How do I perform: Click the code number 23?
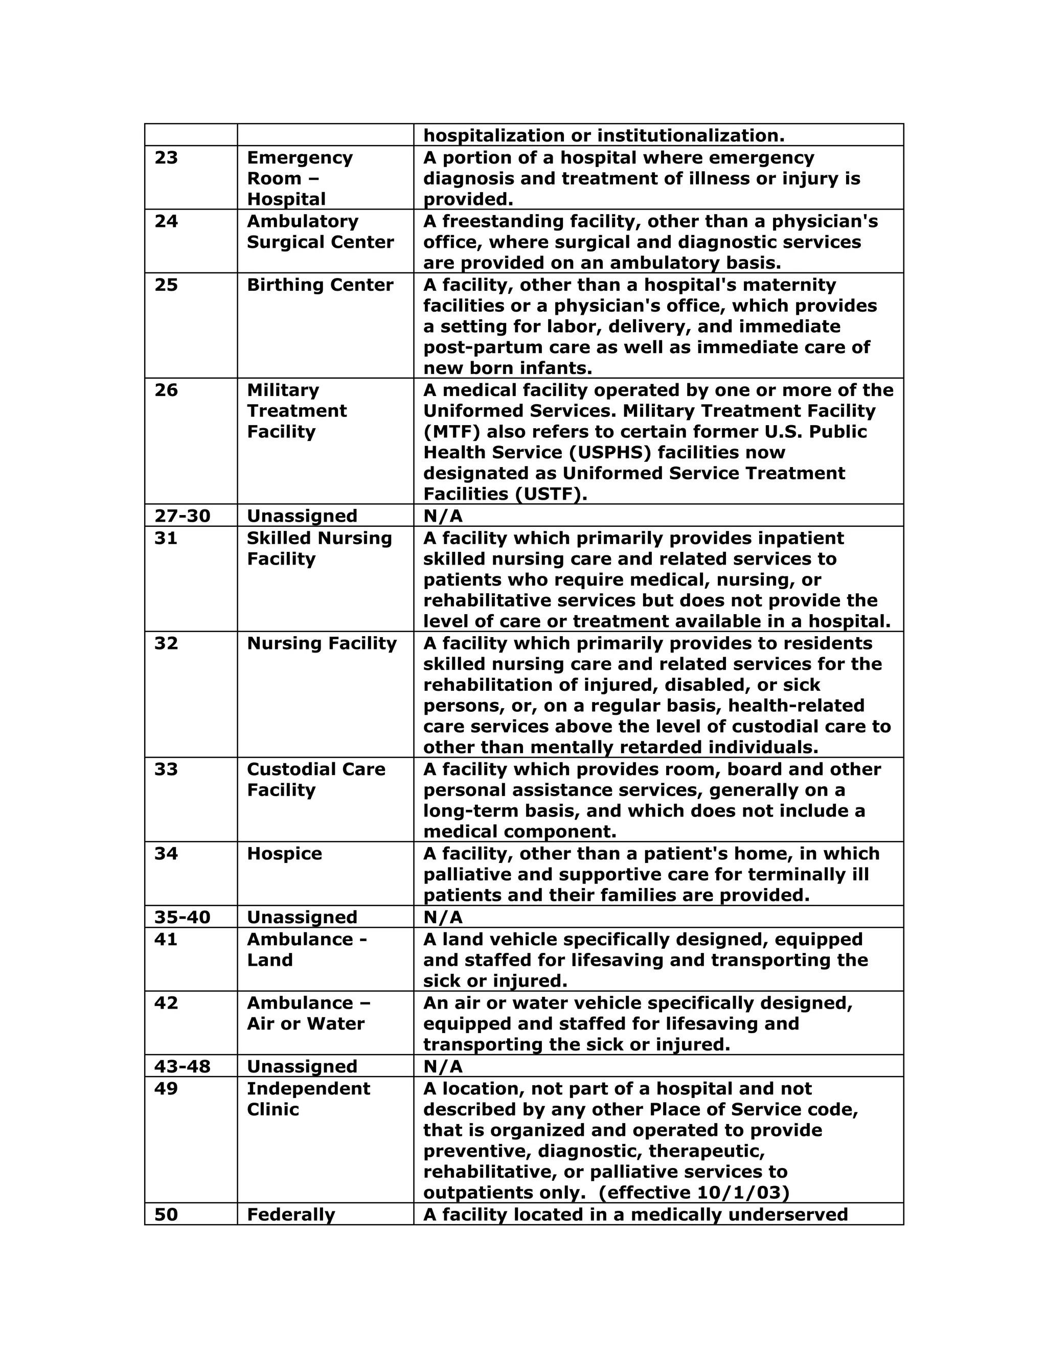click(166, 157)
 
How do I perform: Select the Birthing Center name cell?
click(320, 285)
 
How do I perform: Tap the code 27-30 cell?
click(183, 516)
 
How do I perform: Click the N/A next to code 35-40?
click(443, 917)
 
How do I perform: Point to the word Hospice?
click(284, 854)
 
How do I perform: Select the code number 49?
click(166, 1089)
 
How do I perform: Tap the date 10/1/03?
click(743, 1193)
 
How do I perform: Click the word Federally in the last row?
click(290, 1215)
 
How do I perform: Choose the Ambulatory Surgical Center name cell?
click(320, 232)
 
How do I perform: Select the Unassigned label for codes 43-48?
click(302, 1066)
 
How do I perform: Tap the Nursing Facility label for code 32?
click(321, 643)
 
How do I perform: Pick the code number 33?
click(166, 769)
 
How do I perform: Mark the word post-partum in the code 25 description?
click(477, 348)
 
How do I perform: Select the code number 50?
click(166, 1215)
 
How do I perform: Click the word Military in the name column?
click(283, 390)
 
